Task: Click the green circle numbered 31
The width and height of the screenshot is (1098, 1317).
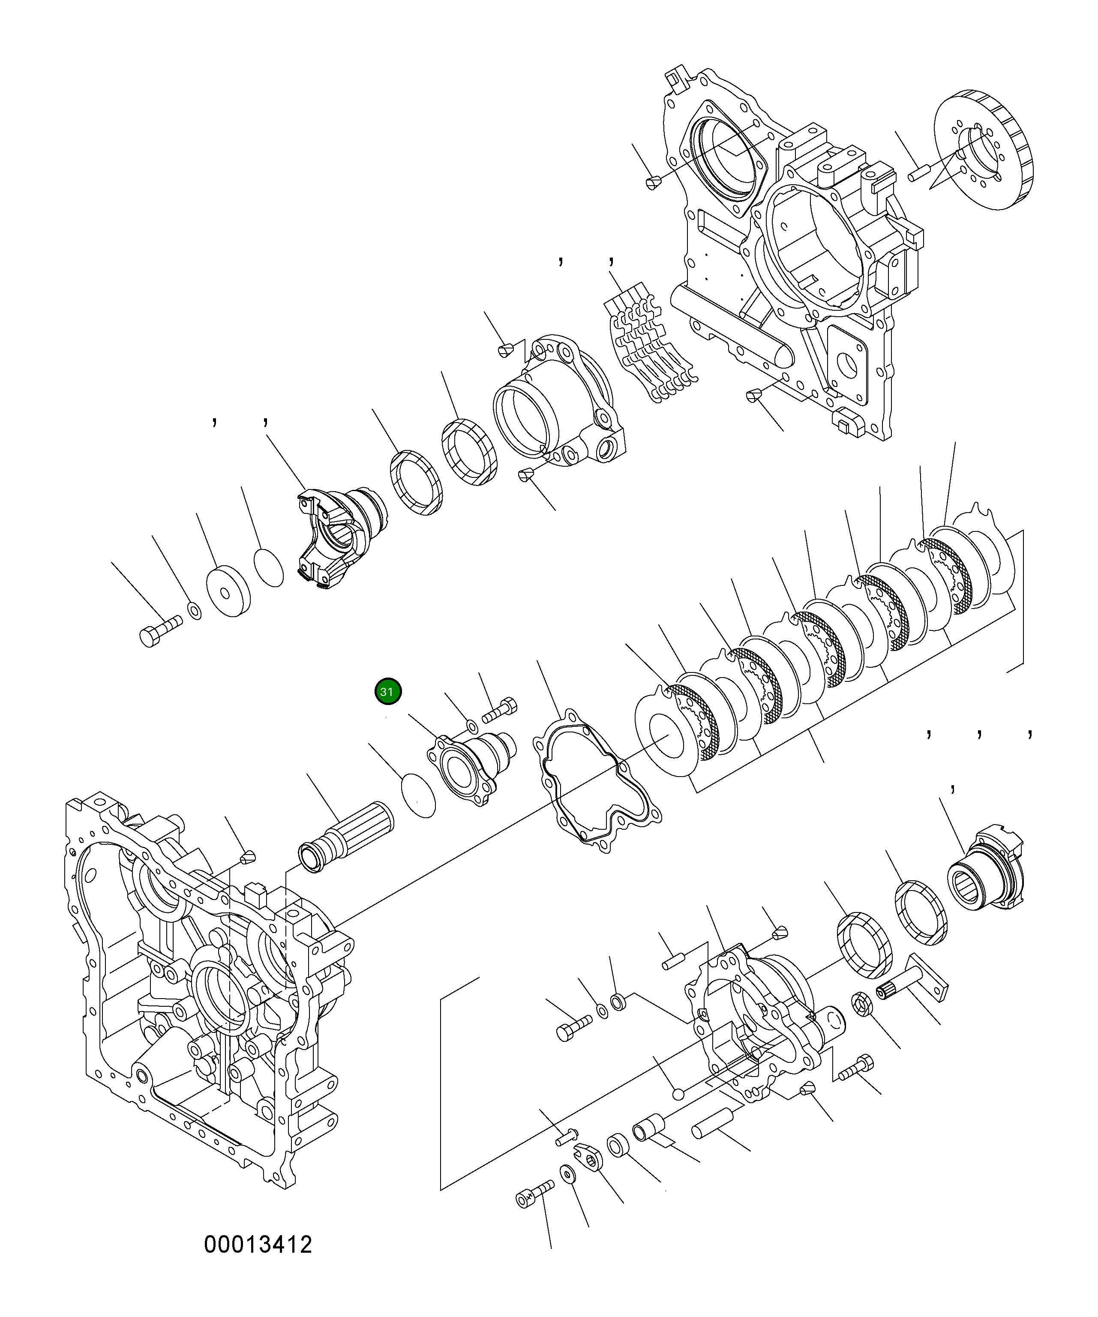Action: coord(387,692)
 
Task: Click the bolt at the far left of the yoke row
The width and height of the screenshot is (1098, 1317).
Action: coord(159,631)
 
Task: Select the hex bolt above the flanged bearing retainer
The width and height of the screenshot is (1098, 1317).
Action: coord(500,710)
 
